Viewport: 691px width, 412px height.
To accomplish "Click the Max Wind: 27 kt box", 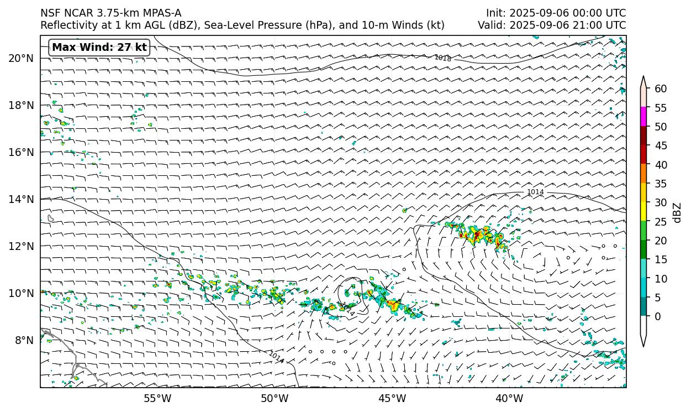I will pyautogui.click(x=99, y=48).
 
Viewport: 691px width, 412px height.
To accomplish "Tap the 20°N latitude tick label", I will pyautogui.click(x=21, y=58).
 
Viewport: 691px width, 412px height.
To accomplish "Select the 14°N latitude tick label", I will pyautogui.click(x=21, y=199).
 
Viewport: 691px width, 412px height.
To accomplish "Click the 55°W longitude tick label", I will pyautogui.click(x=157, y=398).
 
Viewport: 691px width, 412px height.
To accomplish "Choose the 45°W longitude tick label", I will pyautogui.click(x=392, y=398).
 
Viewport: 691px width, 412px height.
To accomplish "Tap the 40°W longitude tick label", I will pyautogui.click(x=509, y=398).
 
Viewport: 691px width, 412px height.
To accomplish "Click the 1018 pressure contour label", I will pyautogui.click(x=442, y=58).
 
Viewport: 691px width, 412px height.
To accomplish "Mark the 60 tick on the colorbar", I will pyautogui.click(x=661, y=89).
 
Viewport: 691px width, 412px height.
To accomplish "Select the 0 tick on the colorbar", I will pyautogui.click(x=657, y=317).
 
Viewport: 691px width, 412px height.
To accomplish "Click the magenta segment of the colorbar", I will pyautogui.click(x=643, y=117).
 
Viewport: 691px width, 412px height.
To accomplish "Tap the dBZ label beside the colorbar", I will pyautogui.click(x=677, y=213).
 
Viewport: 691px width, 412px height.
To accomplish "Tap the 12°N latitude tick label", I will pyautogui.click(x=21, y=246).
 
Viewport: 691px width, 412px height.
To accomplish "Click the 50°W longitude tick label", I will pyautogui.click(x=275, y=398).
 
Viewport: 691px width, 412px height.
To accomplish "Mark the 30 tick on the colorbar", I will pyautogui.click(x=661, y=203).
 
